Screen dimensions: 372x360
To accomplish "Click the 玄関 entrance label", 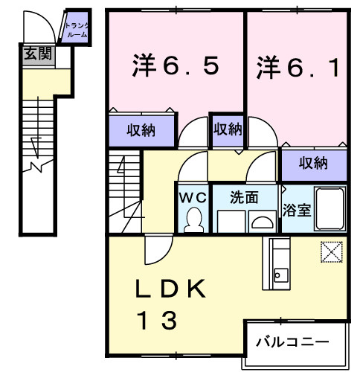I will point(34,54).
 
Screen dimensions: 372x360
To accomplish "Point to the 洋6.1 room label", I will point(298,67).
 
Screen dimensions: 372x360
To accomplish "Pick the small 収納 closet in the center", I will point(228,129).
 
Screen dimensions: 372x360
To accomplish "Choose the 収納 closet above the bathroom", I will point(314,161).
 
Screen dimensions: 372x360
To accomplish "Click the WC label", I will point(193,199).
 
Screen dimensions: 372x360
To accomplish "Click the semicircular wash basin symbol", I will point(262,222).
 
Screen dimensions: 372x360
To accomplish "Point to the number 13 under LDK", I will point(157,321).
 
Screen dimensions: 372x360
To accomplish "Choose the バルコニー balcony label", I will point(292,342).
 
